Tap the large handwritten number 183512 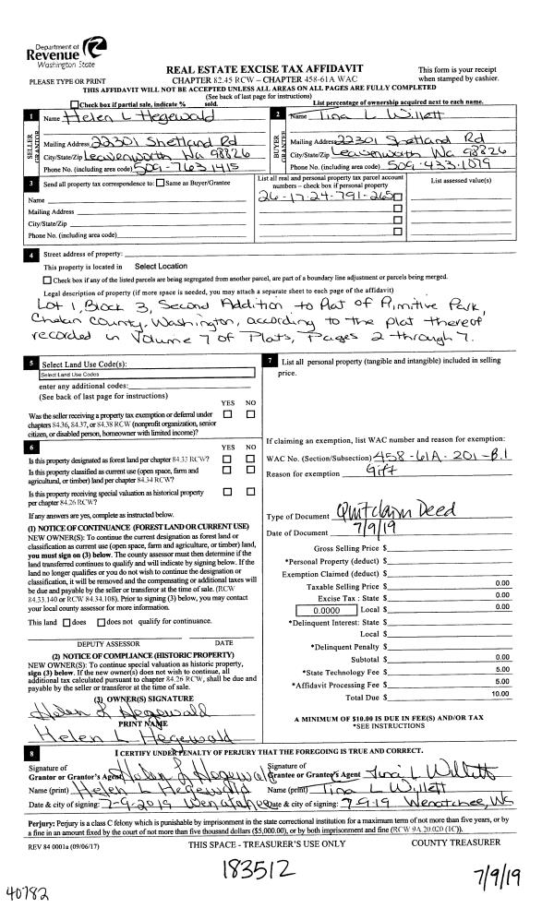262,862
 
